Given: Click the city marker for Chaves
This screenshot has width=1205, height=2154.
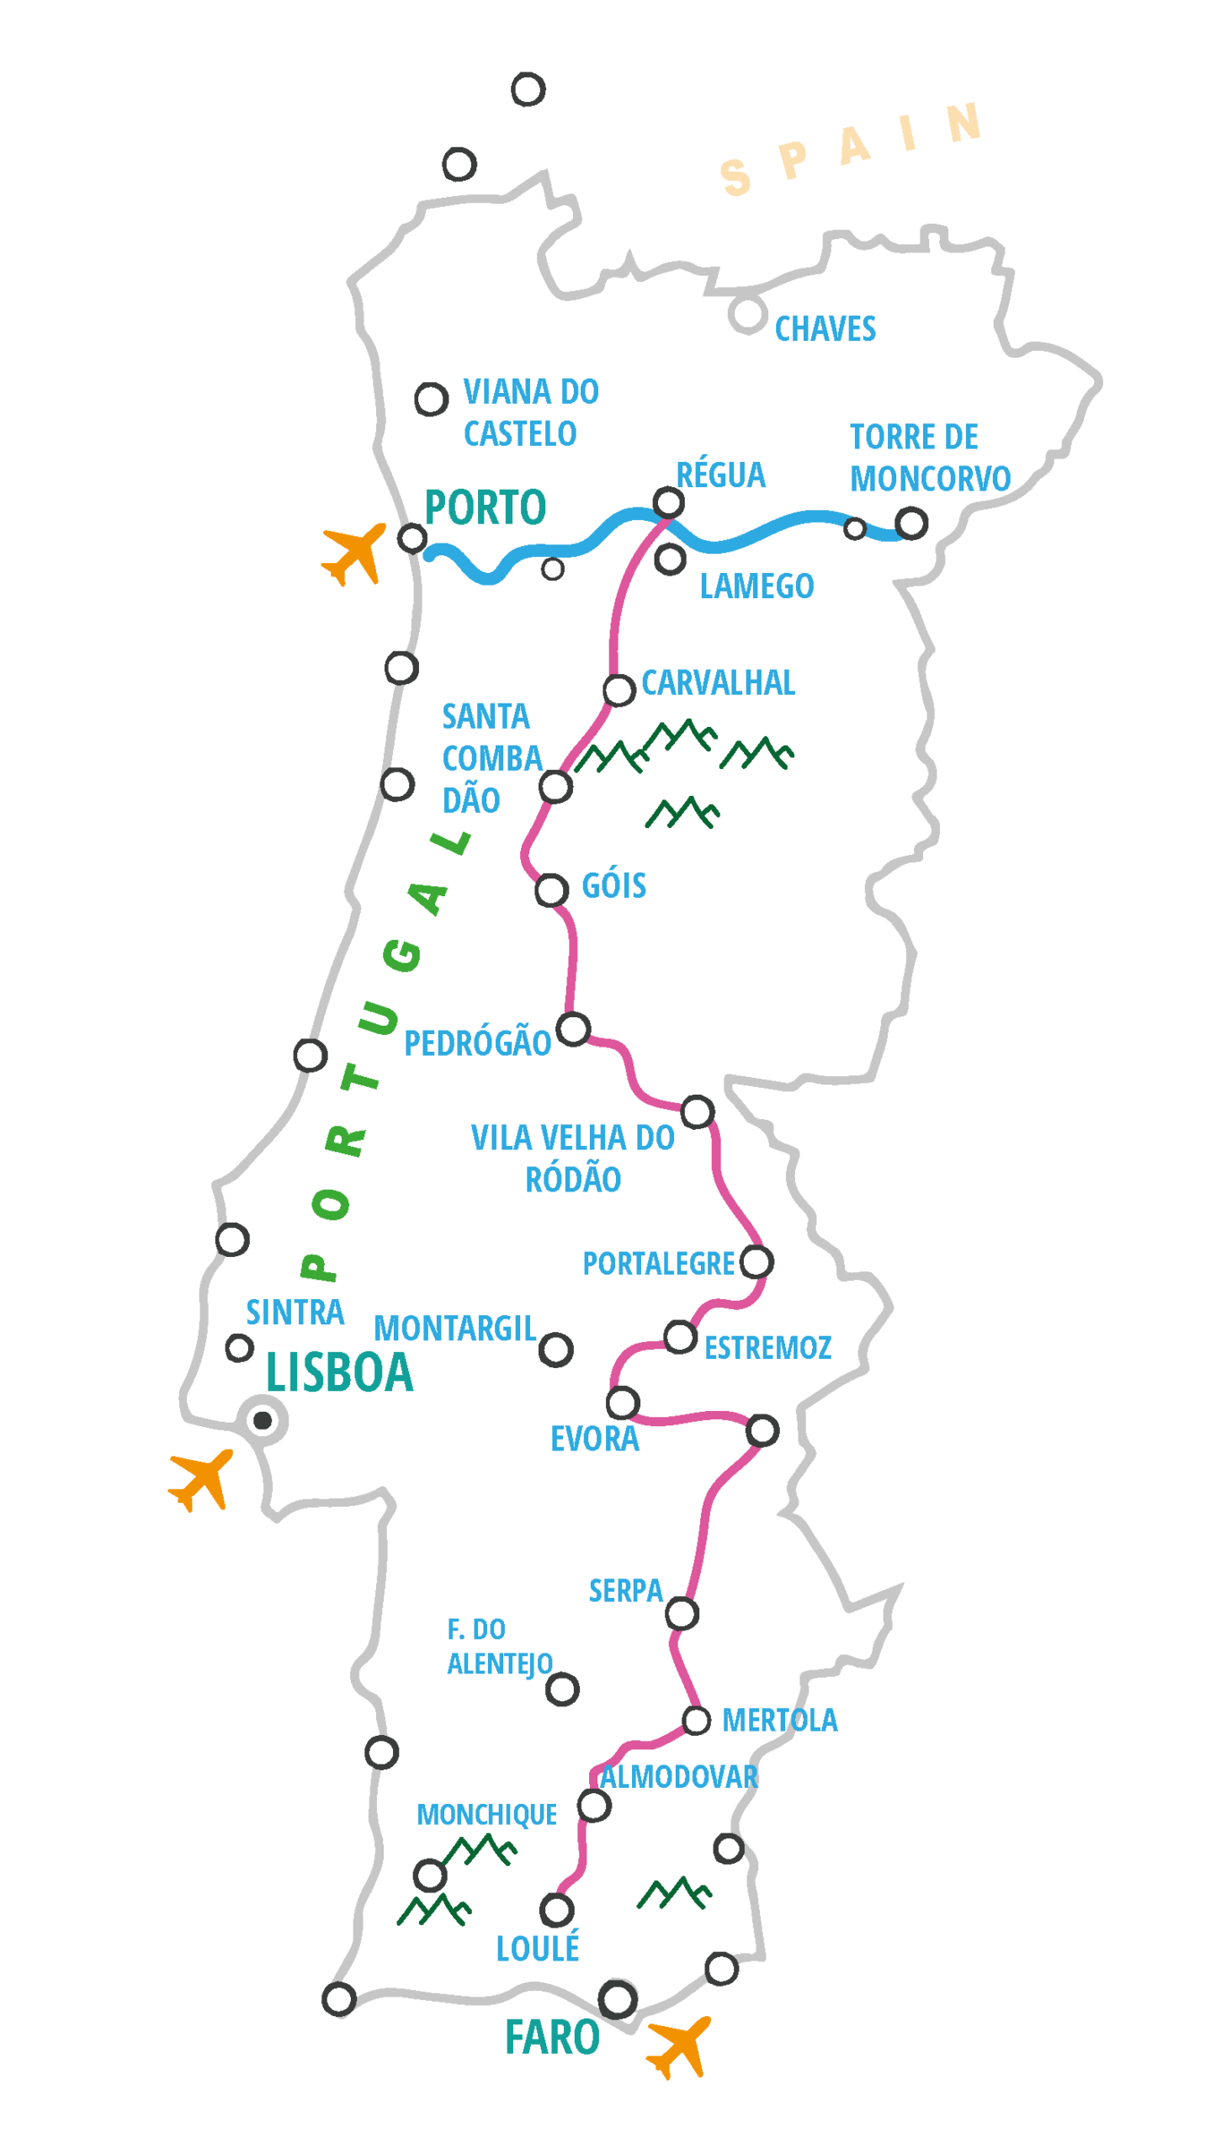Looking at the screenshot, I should (747, 314).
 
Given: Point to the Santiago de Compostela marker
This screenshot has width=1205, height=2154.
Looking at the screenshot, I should (528, 89).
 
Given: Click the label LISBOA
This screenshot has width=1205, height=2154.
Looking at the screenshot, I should (340, 1373).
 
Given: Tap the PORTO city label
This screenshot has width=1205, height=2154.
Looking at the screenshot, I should (486, 507).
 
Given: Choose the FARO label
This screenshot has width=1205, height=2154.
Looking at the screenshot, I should (552, 2038).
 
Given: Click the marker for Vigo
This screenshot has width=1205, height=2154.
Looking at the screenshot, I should (459, 164).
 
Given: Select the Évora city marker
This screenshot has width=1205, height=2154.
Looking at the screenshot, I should (623, 1403).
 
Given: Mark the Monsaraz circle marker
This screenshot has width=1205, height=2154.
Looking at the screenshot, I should (762, 1430).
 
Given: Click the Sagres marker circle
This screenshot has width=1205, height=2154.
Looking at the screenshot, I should (339, 1998).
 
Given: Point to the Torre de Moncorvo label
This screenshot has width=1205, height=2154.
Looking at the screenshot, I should (929, 458).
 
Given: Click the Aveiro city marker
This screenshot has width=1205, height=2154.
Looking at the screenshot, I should (401, 668).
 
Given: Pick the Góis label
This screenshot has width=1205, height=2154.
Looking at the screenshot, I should (614, 886).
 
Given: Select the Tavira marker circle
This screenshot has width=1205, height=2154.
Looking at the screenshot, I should (721, 1968).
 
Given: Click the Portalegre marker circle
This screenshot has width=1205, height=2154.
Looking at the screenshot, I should (756, 1262).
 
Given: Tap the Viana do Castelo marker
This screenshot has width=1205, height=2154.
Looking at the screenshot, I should (431, 399).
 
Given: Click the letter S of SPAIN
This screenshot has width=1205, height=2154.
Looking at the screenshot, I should (736, 178).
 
